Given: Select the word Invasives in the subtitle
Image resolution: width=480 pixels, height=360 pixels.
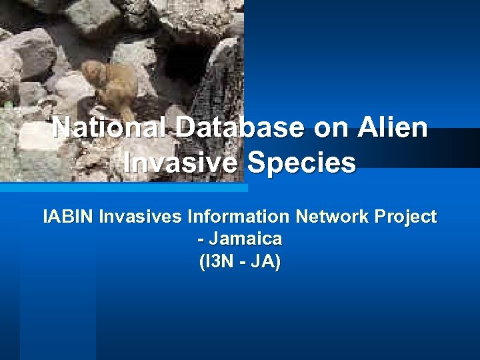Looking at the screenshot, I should (141, 217).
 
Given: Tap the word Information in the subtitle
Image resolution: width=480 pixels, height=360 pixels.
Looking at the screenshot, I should (239, 217).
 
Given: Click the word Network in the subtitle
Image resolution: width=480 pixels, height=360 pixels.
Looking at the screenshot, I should (333, 217).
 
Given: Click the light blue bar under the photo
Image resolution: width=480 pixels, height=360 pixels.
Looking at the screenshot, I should (123, 188).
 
